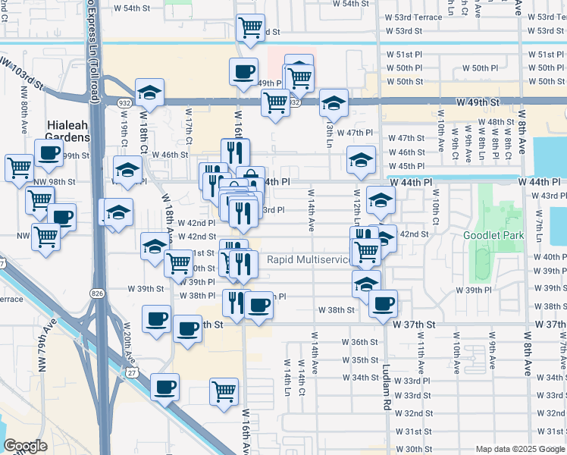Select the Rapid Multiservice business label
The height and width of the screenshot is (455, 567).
309,260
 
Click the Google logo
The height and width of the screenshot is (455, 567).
24,446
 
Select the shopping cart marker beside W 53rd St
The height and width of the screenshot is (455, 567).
250,29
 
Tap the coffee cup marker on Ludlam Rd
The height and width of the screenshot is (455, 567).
383,303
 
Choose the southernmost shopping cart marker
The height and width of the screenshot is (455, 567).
224,391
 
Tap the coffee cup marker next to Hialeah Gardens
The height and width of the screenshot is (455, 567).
49,152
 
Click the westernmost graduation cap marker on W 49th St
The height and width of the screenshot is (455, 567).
150,93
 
